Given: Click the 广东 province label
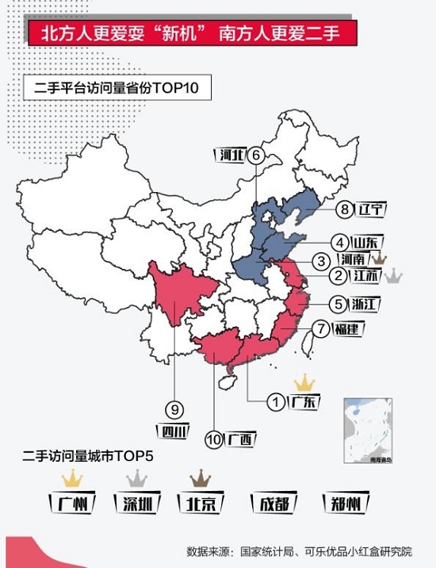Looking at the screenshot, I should (x=304, y=402).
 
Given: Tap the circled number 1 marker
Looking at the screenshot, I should (x=276, y=403).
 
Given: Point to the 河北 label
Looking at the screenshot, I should (x=231, y=155).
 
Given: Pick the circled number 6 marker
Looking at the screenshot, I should (x=255, y=155).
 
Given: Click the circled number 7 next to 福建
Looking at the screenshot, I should (x=320, y=328).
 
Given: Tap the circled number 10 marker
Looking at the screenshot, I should (x=214, y=438).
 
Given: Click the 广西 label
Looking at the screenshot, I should (x=240, y=438).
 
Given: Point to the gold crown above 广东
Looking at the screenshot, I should (x=304, y=383).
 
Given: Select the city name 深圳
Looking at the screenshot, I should (x=136, y=503).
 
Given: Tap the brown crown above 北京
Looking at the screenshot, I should (x=200, y=478).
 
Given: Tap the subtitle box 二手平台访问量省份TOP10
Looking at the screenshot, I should (x=118, y=88).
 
